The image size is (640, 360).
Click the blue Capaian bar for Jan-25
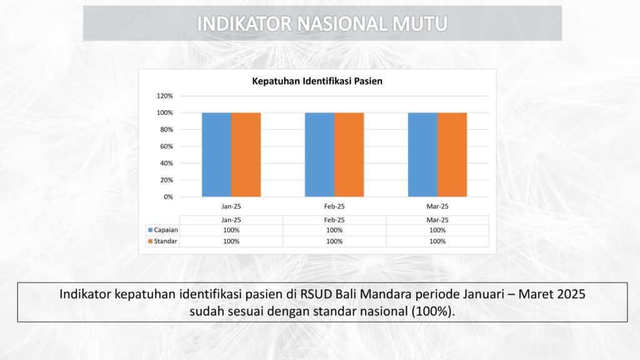216,155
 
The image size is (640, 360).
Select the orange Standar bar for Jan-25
246,155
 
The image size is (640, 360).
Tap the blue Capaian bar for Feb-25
319,155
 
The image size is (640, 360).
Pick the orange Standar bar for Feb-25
349,155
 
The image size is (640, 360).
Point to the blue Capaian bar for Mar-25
423,155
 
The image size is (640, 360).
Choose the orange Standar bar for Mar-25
452,155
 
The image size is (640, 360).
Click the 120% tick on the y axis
164,96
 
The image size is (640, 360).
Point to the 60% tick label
166,146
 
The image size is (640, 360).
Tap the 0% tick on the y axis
168,197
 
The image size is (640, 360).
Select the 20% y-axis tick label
166,180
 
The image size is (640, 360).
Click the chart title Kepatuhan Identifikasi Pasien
317,81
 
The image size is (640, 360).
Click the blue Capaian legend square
150,230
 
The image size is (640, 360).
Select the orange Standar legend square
150,241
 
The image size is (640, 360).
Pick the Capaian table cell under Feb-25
334,230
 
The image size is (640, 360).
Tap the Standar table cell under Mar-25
437,241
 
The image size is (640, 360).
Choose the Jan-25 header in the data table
231,220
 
